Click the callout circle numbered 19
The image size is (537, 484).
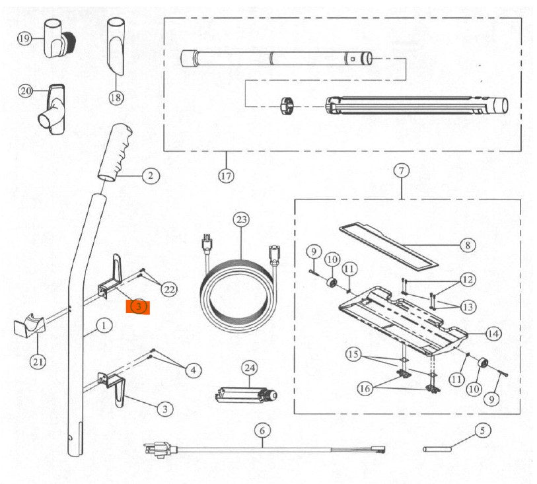point(24,39)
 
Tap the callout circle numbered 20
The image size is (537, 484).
point(26,91)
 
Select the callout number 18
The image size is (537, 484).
point(116,98)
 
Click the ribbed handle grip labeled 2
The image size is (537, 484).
point(117,151)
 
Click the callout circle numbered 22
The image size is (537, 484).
point(170,289)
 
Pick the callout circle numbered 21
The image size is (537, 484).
point(39,361)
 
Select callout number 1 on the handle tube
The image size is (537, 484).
point(103,325)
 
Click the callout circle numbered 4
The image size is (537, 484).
point(192,370)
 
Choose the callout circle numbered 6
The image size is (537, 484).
point(262,431)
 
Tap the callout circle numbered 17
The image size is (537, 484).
point(227,176)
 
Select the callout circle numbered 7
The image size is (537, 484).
point(402,172)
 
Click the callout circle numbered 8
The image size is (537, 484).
point(467,245)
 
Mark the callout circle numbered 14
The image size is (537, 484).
point(492,333)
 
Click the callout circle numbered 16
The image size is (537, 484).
point(365,389)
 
